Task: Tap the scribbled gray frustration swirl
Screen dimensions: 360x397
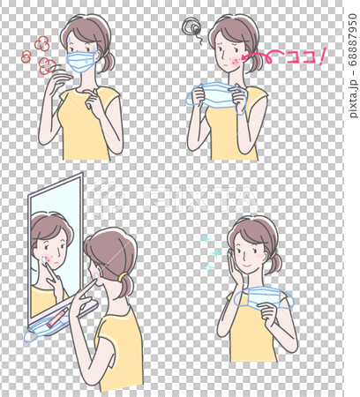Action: (x=191, y=28)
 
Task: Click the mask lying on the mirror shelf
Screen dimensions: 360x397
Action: (x=44, y=328)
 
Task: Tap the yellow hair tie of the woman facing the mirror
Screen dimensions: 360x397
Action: (x=124, y=276)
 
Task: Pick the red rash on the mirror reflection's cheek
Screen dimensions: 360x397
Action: (x=49, y=259)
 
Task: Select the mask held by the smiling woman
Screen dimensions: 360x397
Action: (x=263, y=298)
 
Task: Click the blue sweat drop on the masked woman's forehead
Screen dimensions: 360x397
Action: (x=70, y=39)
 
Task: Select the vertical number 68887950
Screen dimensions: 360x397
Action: (x=353, y=40)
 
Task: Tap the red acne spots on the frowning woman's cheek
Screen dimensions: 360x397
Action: (x=236, y=60)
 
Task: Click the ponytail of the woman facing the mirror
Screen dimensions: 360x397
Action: (x=126, y=287)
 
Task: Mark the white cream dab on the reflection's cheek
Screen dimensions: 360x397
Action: (x=44, y=259)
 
